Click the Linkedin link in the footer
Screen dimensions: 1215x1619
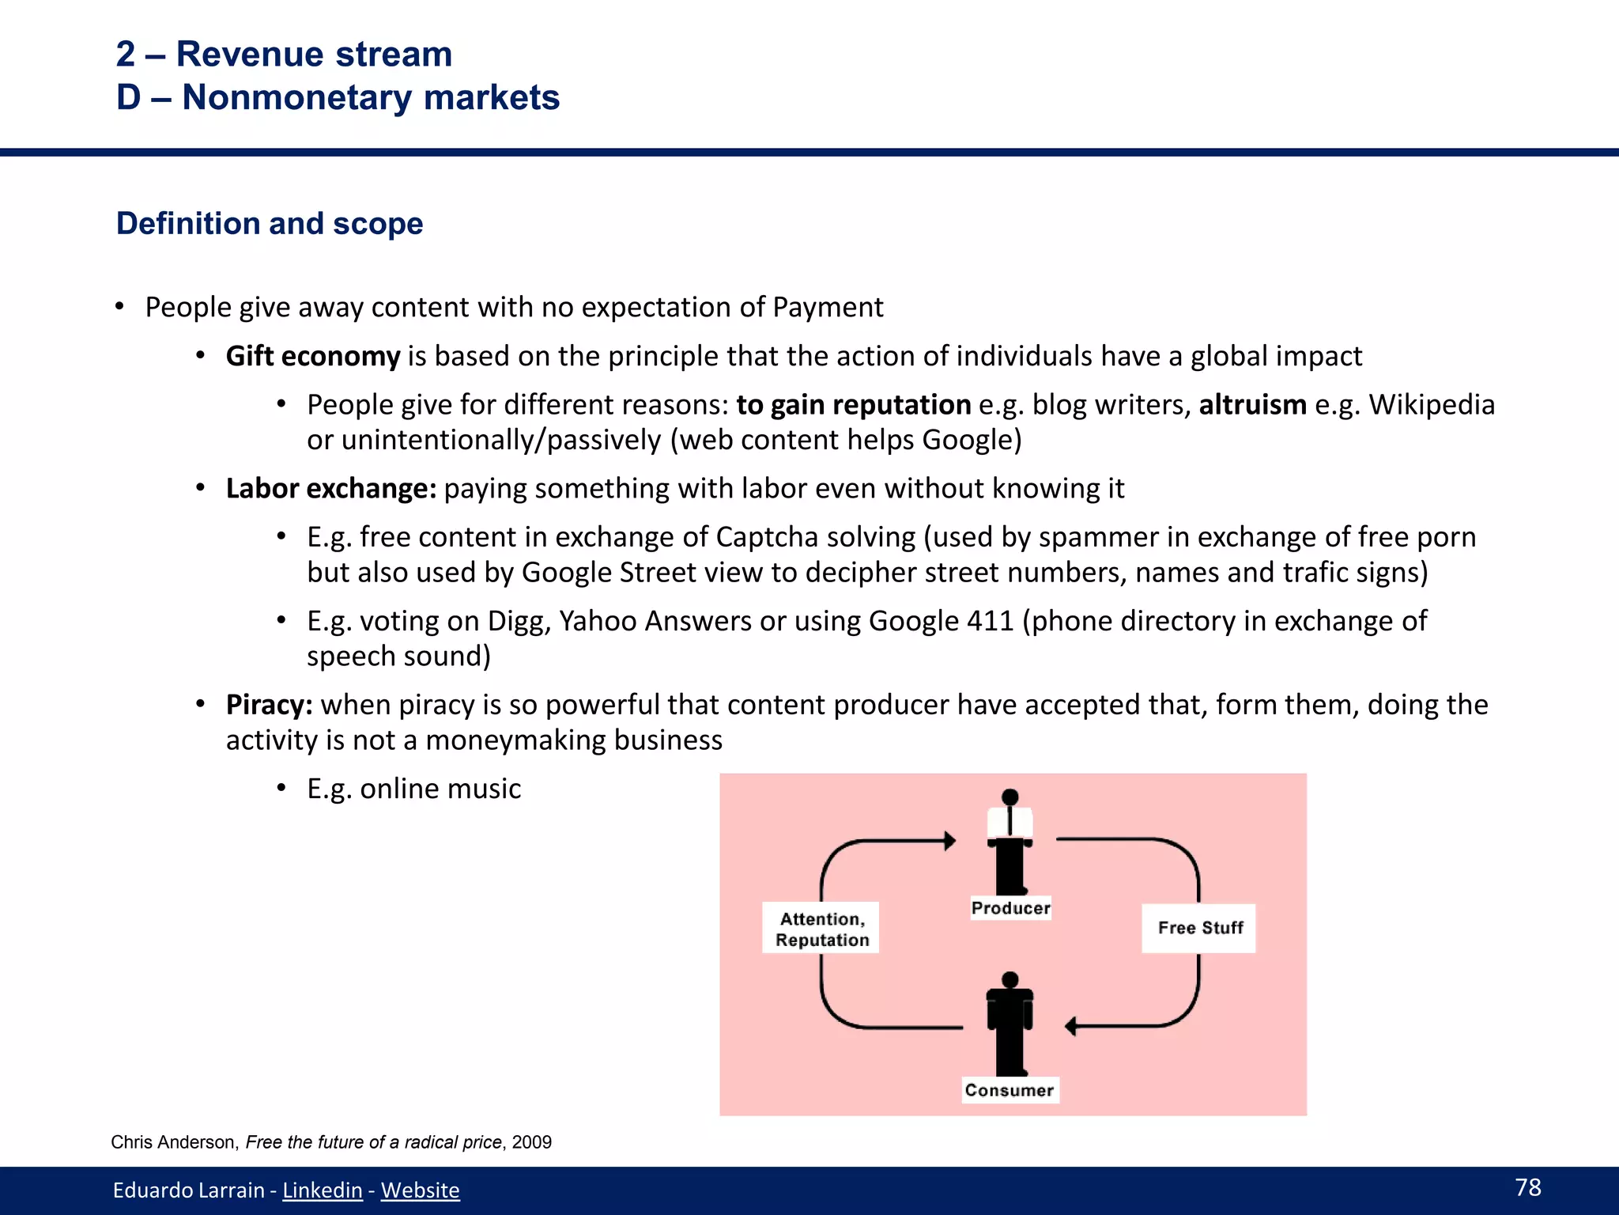[x=322, y=1190]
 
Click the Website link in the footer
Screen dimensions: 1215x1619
[x=420, y=1190]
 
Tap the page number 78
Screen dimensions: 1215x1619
[x=1527, y=1187]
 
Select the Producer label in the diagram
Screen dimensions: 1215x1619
[x=1010, y=908]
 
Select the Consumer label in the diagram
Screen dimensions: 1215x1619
[x=1009, y=1090]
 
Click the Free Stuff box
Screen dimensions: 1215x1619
[x=1199, y=928]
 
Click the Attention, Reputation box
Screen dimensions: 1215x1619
[x=821, y=929]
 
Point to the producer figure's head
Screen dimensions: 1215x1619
[x=1010, y=797]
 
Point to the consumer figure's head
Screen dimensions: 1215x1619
[x=1010, y=981]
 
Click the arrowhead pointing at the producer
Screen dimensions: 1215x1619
[x=950, y=840]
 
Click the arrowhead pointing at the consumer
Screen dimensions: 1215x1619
[x=1071, y=1027]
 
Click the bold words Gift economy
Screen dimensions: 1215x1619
[x=313, y=356]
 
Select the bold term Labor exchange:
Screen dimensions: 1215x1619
[x=330, y=488]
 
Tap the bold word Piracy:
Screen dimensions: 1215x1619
[x=269, y=704]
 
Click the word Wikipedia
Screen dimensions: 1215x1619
[x=1432, y=404]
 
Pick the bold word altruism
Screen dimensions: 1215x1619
[x=1252, y=404]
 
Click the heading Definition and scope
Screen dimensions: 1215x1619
[x=270, y=224]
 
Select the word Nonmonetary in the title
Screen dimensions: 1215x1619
[x=297, y=97]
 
